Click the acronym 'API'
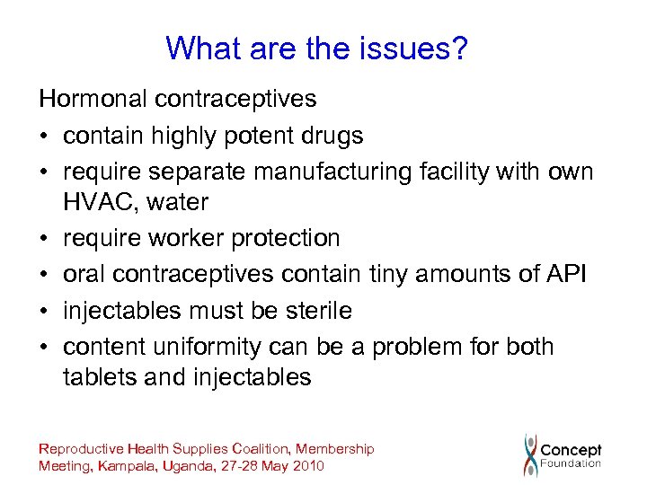point(566,274)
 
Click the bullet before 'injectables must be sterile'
point(45,312)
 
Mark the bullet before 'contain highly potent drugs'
point(45,137)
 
